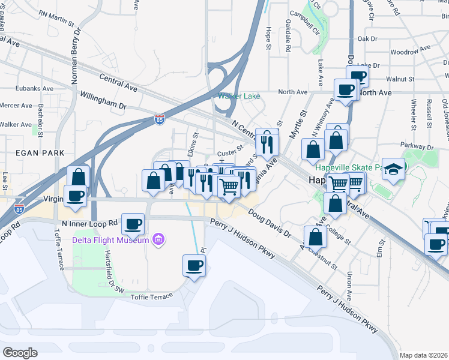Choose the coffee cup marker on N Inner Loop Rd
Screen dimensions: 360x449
tap(133, 224)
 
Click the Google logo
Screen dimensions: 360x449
tap(20, 353)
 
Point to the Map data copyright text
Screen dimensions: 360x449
tap(424, 355)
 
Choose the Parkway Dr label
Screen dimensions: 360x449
tap(418, 146)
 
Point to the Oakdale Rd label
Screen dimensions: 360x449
tap(288, 37)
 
